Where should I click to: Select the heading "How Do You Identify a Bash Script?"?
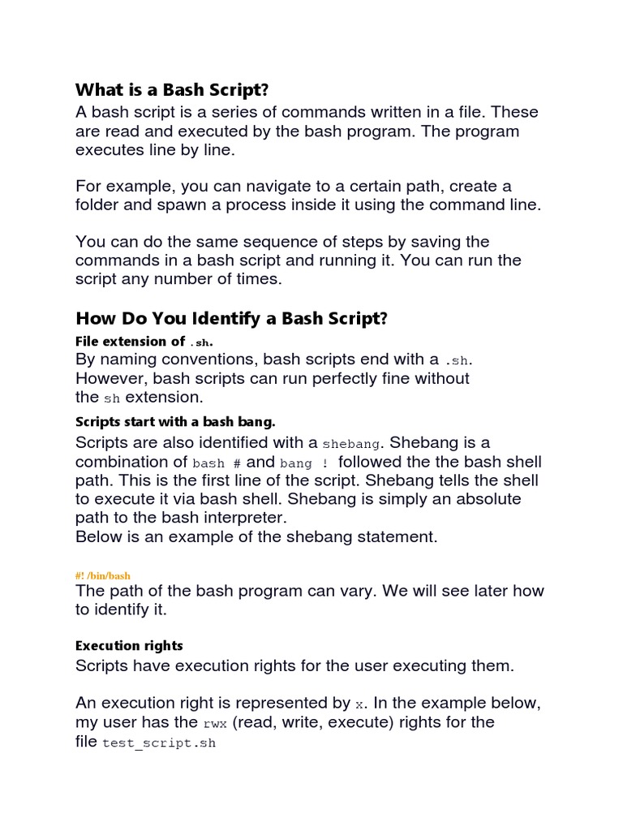(x=232, y=318)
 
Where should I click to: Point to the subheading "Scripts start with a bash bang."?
(x=176, y=422)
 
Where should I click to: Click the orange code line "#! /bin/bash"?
(x=103, y=575)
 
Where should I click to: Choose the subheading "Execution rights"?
(x=129, y=646)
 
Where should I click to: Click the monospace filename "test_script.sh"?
(x=159, y=743)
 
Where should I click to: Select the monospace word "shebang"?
(x=350, y=444)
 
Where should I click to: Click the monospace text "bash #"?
(x=217, y=463)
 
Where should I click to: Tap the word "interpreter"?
(x=242, y=517)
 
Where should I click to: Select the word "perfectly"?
(x=316, y=378)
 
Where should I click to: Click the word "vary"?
(x=367, y=591)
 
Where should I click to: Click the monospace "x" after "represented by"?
(x=359, y=704)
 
